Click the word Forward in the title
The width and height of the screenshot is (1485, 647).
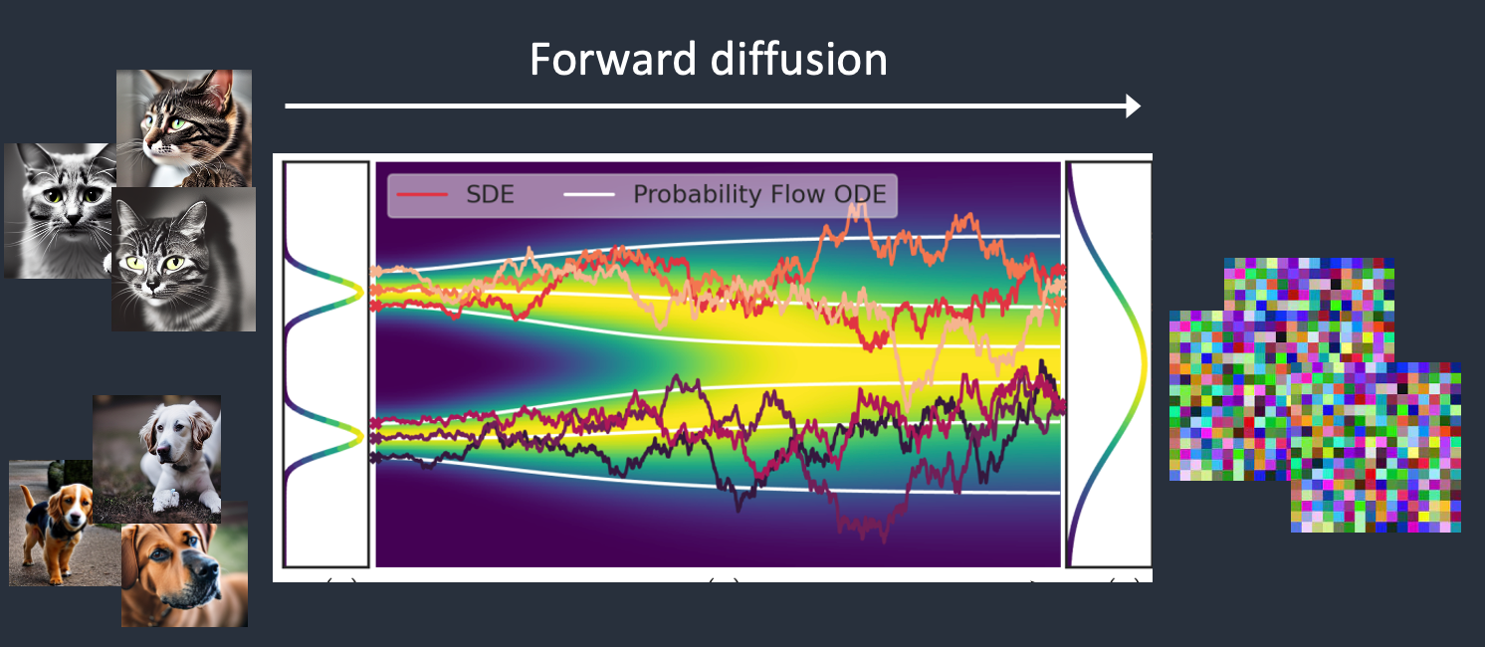point(612,59)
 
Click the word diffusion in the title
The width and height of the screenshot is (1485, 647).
point(799,59)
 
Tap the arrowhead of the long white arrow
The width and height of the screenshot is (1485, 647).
point(1133,107)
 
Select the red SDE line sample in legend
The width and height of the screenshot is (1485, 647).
point(422,194)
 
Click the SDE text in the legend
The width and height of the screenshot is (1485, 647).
point(490,194)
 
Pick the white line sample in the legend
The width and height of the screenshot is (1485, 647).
point(588,194)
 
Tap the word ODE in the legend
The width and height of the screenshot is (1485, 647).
point(860,194)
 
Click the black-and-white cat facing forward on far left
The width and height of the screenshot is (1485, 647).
point(59,211)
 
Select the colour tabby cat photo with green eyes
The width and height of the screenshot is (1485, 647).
point(184,127)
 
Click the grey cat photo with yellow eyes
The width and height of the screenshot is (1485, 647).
point(184,259)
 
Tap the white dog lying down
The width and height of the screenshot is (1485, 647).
point(157,459)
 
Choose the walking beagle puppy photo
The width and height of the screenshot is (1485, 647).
point(64,523)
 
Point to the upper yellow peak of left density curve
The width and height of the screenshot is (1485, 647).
point(361,291)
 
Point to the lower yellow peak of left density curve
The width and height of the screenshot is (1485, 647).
point(361,435)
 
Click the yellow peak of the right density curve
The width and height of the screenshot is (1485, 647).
point(1145,362)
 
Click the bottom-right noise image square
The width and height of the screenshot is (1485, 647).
point(1377,448)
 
